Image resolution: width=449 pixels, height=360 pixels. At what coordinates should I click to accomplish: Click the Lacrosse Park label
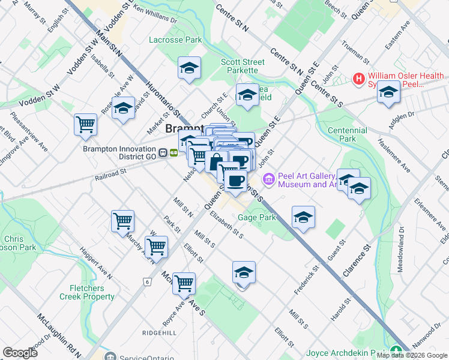click(175, 40)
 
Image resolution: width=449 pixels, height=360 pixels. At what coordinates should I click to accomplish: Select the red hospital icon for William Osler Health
click(359, 78)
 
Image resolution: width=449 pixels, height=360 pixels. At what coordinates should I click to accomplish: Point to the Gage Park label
click(256, 217)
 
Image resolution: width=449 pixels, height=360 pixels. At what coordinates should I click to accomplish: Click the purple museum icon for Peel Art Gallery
click(268, 178)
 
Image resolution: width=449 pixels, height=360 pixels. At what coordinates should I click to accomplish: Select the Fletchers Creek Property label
click(87, 292)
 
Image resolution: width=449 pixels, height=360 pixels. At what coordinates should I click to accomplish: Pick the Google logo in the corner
click(20, 352)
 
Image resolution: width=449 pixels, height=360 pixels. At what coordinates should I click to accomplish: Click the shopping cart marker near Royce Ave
click(184, 283)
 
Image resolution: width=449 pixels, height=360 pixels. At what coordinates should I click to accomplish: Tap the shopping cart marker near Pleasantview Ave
click(86, 125)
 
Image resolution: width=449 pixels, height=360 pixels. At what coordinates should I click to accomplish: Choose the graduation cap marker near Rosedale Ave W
click(123, 109)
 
